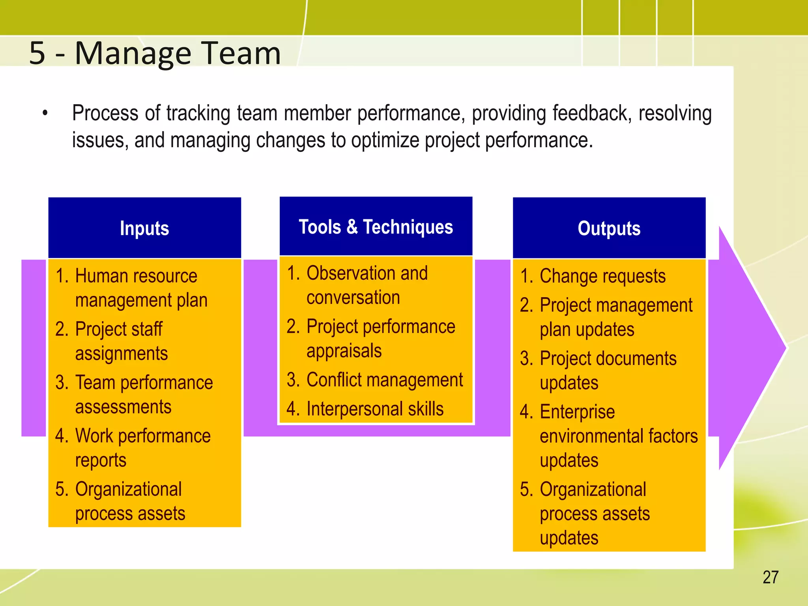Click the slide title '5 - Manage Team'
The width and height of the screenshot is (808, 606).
(x=155, y=53)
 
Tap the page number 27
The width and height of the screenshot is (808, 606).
(x=770, y=577)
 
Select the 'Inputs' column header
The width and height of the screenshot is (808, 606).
(x=144, y=228)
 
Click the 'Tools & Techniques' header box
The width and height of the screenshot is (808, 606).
(x=376, y=227)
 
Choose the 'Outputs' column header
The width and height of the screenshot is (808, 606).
(x=609, y=228)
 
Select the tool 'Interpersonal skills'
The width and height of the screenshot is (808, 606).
(x=374, y=409)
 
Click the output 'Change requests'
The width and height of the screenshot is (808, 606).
(x=602, y=276)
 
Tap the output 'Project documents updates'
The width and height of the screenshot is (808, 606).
(x=608, y=370)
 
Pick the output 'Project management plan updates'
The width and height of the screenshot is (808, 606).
(x=615, y=317)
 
